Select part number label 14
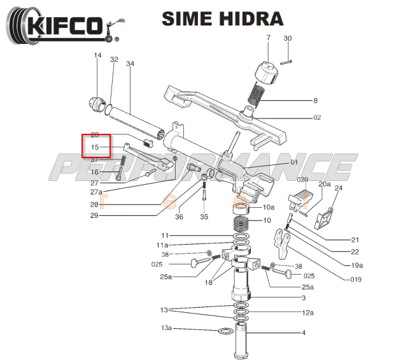98,56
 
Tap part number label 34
130,64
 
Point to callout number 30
288,38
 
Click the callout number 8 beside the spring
315,101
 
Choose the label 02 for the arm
317,118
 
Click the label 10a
269,207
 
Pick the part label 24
339,189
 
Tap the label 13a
166,329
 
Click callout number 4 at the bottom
304,333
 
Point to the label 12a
307,313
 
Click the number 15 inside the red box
94,147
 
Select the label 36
179,217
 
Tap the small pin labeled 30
288,61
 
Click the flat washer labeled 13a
225,331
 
